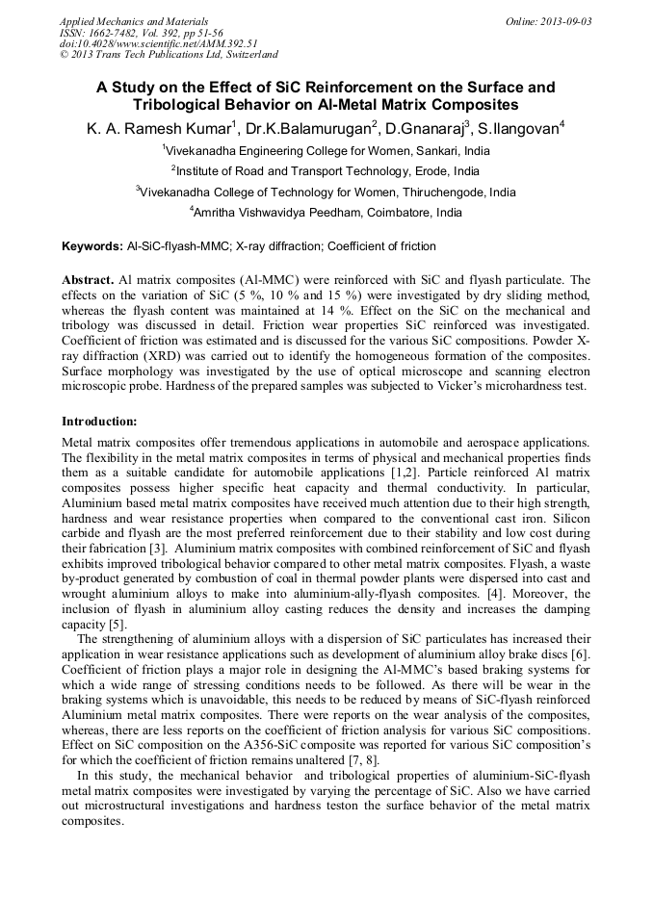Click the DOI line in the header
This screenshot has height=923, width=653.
159,43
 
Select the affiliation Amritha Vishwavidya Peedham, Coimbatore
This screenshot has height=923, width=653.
327,213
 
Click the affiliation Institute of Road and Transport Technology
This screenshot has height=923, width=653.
327,170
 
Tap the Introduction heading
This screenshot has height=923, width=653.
99,422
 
